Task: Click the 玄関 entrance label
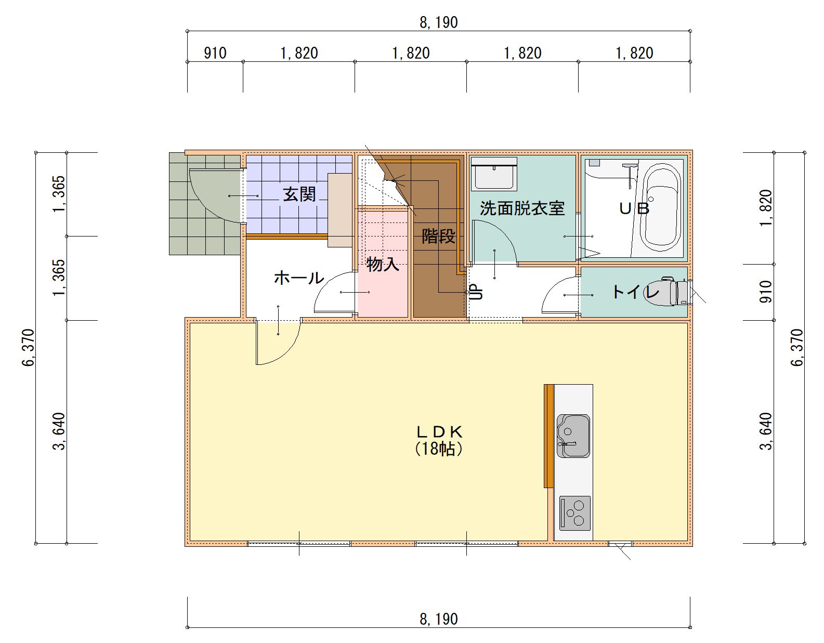tap(299, 195)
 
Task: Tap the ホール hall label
tap(299, 278)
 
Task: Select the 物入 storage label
tap(383, 264)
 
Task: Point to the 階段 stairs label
tap(438, 236)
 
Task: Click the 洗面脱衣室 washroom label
tap(522, 208)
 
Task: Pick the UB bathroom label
tap(634, 208)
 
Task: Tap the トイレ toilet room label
tap(635, 292)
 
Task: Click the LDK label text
tap(439, 431)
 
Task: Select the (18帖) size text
tap(439, 449)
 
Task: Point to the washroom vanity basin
tap(494, 174)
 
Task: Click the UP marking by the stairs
tap(477, 292)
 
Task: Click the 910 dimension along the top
tap(215, 53)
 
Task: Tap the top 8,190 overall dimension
tap(439, 22)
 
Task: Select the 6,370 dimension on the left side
tap(29, 348)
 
